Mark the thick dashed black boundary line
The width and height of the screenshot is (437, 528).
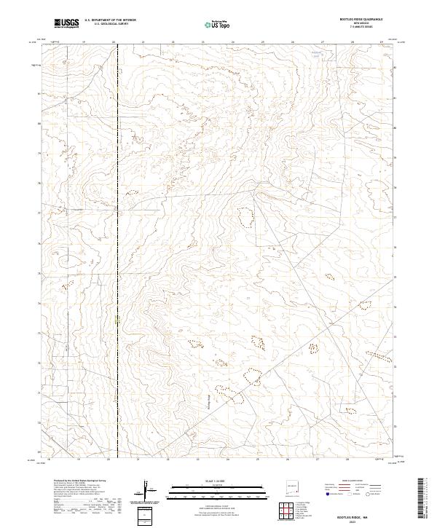coord(119,218)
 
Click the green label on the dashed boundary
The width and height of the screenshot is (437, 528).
coord(117,318)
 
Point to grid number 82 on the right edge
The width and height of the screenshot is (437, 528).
coord(395,67)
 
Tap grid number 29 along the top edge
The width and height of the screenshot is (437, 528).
coord(381,43)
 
